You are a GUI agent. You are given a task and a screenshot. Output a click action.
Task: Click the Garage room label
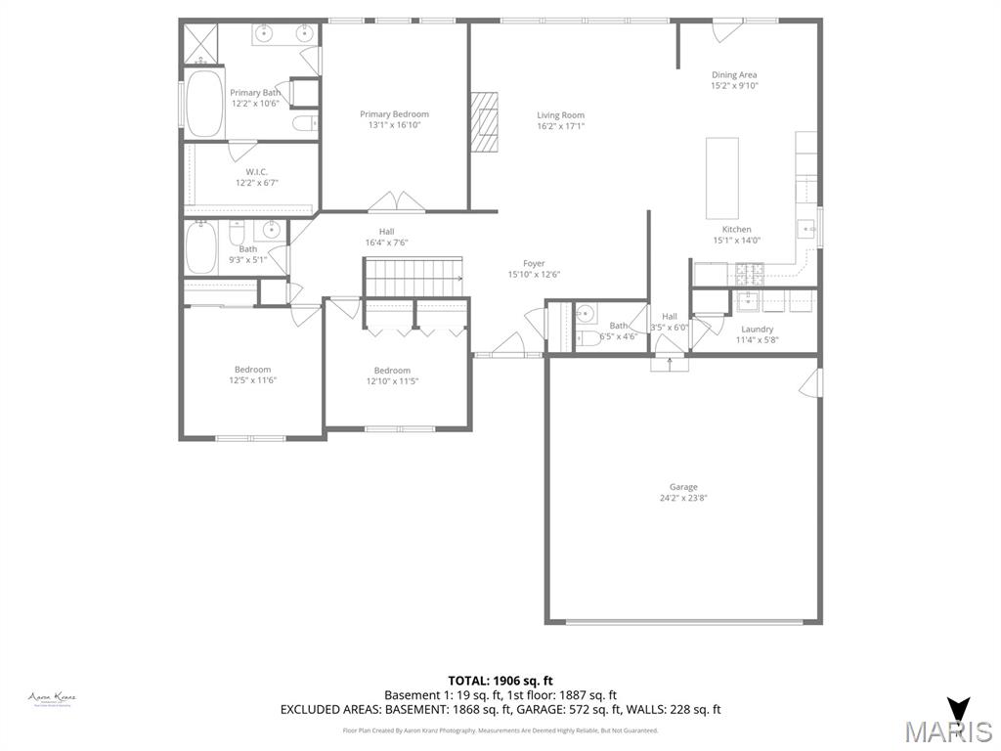683,487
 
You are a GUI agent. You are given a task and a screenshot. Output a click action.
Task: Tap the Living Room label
560,115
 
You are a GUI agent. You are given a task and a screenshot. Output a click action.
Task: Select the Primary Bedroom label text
394,114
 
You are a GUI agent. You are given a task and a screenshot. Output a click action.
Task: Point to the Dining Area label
733,75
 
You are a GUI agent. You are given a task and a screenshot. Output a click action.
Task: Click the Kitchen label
736,230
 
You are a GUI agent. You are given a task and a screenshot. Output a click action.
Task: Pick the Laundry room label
757,330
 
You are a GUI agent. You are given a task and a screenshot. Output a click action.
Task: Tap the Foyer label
534,263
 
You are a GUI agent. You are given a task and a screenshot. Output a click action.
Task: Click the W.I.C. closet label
257,172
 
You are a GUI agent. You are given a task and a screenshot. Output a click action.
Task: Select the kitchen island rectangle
722,178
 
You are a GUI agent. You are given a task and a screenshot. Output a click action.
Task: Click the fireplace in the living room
486,122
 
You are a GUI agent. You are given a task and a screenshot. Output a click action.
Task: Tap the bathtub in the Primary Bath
205,103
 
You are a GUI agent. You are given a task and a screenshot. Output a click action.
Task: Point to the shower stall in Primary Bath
199,43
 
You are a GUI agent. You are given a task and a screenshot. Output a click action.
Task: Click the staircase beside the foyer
413,277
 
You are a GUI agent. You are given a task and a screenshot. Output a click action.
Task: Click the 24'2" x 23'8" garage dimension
683,498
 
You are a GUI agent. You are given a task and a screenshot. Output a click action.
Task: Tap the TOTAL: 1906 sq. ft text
500,681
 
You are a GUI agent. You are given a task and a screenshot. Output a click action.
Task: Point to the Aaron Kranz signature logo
53,698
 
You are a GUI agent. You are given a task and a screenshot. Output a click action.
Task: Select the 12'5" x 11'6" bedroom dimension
252,380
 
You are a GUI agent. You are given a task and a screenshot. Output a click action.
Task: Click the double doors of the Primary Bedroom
395,201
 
